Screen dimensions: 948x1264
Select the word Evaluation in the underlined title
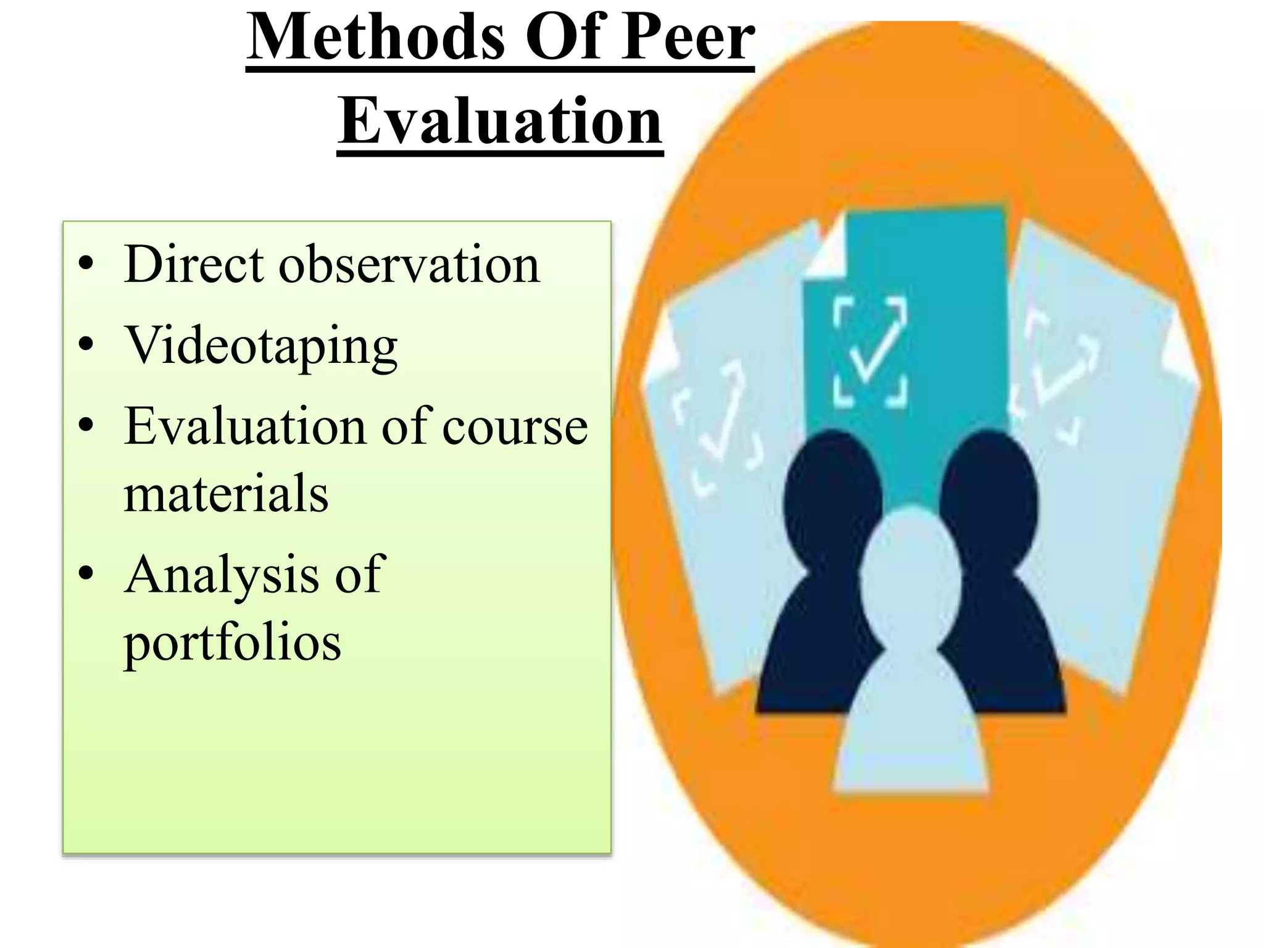pos(500,122)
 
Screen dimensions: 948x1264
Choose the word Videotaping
pos(261,347)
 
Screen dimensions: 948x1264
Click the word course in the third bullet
pos(515,426)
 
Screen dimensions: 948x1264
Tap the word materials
pos(226,494)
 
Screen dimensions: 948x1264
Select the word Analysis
pos(222,575)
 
